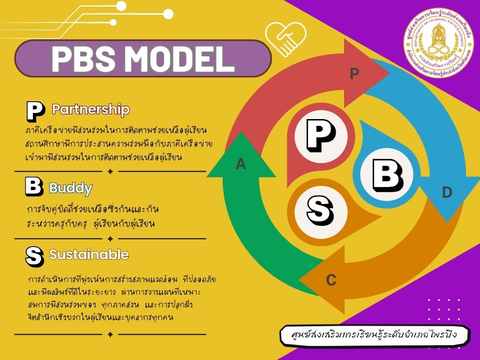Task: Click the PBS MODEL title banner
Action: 143,59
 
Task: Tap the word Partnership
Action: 90,110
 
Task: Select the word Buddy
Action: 71,188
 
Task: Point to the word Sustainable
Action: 89,255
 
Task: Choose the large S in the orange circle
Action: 321,210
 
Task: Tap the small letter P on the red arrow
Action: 355,74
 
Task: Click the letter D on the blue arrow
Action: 447,192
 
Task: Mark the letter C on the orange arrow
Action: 331,280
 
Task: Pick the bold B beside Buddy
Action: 34,187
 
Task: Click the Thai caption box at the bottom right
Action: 374,336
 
